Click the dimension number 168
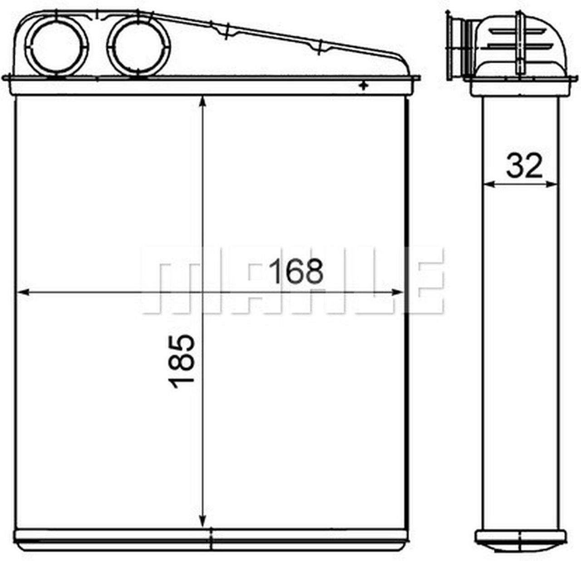296,271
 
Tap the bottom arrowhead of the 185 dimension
203,522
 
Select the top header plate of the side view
521,86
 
